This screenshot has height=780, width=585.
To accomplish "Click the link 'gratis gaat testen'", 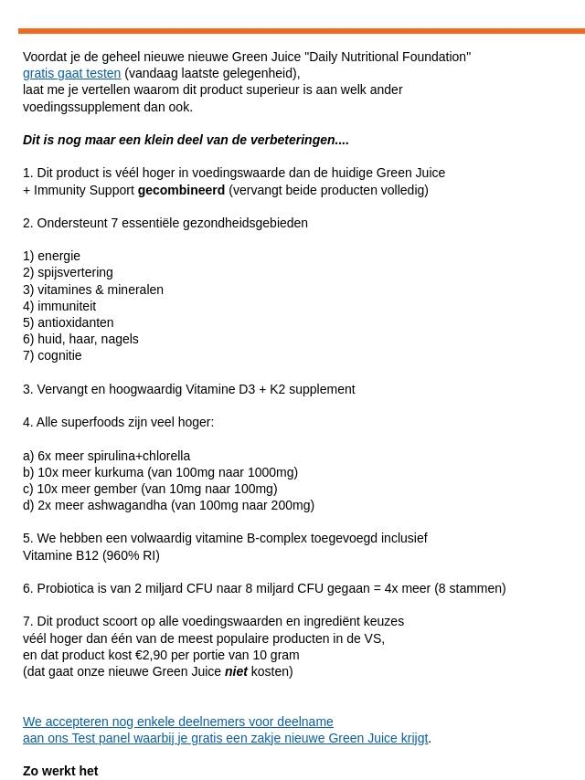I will click(71, 73).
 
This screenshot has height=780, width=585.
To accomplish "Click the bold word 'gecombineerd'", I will click(181, 190).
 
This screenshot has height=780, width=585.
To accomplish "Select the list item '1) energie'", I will click(51, 256).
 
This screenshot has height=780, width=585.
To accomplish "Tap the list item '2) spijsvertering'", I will click(68, 272).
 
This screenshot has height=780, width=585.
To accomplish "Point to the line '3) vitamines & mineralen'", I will click(92, 290).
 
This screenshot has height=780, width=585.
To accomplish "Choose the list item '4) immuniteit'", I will click(59, 306).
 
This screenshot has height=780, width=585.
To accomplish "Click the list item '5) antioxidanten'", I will click(69, 322).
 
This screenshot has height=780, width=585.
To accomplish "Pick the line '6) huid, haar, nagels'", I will click(80, 339).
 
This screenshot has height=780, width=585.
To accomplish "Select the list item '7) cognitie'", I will click(52, 355).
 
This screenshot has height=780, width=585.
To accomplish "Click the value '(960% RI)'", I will click(131, 555).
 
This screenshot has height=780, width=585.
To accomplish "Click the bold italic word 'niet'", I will click(236, 671).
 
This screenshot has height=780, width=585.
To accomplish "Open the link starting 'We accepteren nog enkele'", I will click(178, 722).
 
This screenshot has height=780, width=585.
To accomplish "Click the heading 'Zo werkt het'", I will click(60, 771).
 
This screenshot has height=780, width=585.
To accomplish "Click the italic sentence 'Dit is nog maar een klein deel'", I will click(186, 140).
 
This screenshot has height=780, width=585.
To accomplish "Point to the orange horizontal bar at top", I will click(302, 30).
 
